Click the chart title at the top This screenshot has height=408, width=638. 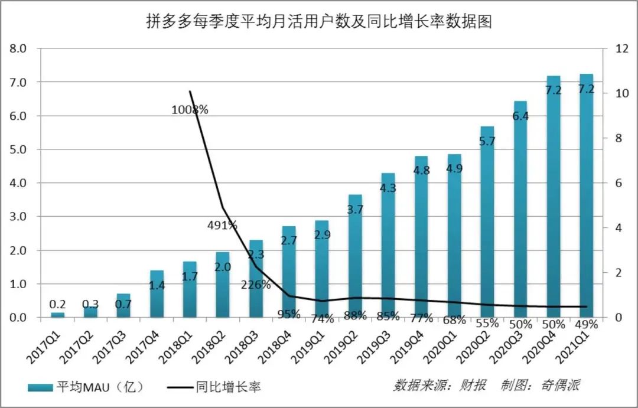[319, 22]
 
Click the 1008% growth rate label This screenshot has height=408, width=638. [190, 109]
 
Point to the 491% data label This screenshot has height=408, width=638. [222, 225]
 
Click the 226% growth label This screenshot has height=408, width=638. [255, 285]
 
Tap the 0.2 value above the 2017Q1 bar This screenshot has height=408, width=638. [57, 304]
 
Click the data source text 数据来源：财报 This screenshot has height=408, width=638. [440, 386]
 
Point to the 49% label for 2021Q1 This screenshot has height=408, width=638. [586, 324]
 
